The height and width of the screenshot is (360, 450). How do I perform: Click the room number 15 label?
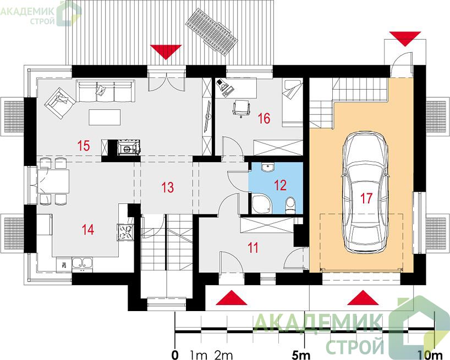coord(84,146)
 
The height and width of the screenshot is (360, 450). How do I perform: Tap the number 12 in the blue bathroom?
coord(280,185)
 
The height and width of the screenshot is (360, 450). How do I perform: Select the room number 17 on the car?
coord(366,198)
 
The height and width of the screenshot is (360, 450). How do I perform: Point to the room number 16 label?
coord(264,118)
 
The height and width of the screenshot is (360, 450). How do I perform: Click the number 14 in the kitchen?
coord(88,230)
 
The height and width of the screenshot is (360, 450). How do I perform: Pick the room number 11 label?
coord(253,248)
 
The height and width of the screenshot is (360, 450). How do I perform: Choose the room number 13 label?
coord(167,187)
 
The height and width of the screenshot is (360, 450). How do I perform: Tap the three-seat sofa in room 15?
coord(106,91)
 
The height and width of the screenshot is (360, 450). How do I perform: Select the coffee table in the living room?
coord(105,117)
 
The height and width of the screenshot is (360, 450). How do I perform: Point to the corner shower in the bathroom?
coord(261,204)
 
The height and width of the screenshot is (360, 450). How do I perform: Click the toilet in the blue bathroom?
coord(290,204)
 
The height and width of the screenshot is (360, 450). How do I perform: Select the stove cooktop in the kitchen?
coord(125,232)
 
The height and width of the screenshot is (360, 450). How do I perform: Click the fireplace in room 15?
coord(129,147)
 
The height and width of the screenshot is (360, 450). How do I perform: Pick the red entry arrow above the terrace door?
coord(166,52)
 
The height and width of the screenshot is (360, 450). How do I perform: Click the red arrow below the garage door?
coord(363,297)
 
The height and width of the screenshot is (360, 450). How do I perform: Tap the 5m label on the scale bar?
coord(301,355)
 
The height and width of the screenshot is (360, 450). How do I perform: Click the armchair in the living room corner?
coord(60,103)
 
